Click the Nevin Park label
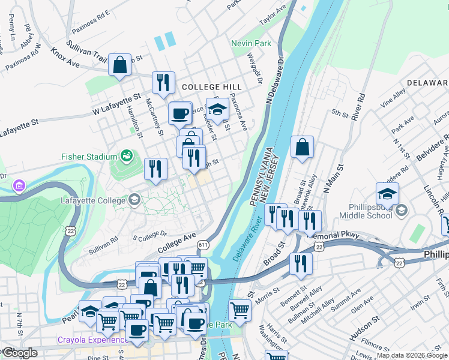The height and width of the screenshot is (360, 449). tap(252, 44)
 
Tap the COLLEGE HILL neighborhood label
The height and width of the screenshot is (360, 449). tap(206, 87)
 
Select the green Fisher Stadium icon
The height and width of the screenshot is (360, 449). tap(126, 157)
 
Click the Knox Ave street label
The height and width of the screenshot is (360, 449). tap(65, 58)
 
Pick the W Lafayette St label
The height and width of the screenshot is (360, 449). tap(116, 104)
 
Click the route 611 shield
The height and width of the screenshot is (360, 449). tap(203, 244)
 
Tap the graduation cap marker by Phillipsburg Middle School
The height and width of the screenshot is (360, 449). tap(387, 194)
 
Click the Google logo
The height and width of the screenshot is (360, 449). tap(19, 353)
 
